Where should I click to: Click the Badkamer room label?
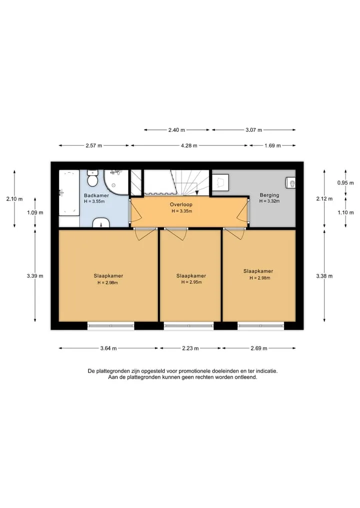tap(96, 195)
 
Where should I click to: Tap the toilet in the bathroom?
tap(93, 179)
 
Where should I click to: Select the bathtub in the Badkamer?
tap(69, 193)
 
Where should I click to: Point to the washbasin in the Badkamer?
tap(101, 223)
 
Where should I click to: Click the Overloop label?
tap(181, 204)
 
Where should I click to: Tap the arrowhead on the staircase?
tap(197, 193)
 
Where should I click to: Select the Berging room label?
tap(269, 195)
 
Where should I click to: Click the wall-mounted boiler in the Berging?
tap(290, 183)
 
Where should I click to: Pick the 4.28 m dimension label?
tap(189, 145)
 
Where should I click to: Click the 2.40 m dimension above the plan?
tap(176, 130)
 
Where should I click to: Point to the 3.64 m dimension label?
tap(108, 348)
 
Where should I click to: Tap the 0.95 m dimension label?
tap(345, 183)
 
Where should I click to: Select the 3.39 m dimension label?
tap(35, 276)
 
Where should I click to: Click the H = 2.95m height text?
tap(191, 282)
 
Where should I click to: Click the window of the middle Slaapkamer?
tap(188, 326)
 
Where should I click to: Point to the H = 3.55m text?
tap(94, 201)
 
